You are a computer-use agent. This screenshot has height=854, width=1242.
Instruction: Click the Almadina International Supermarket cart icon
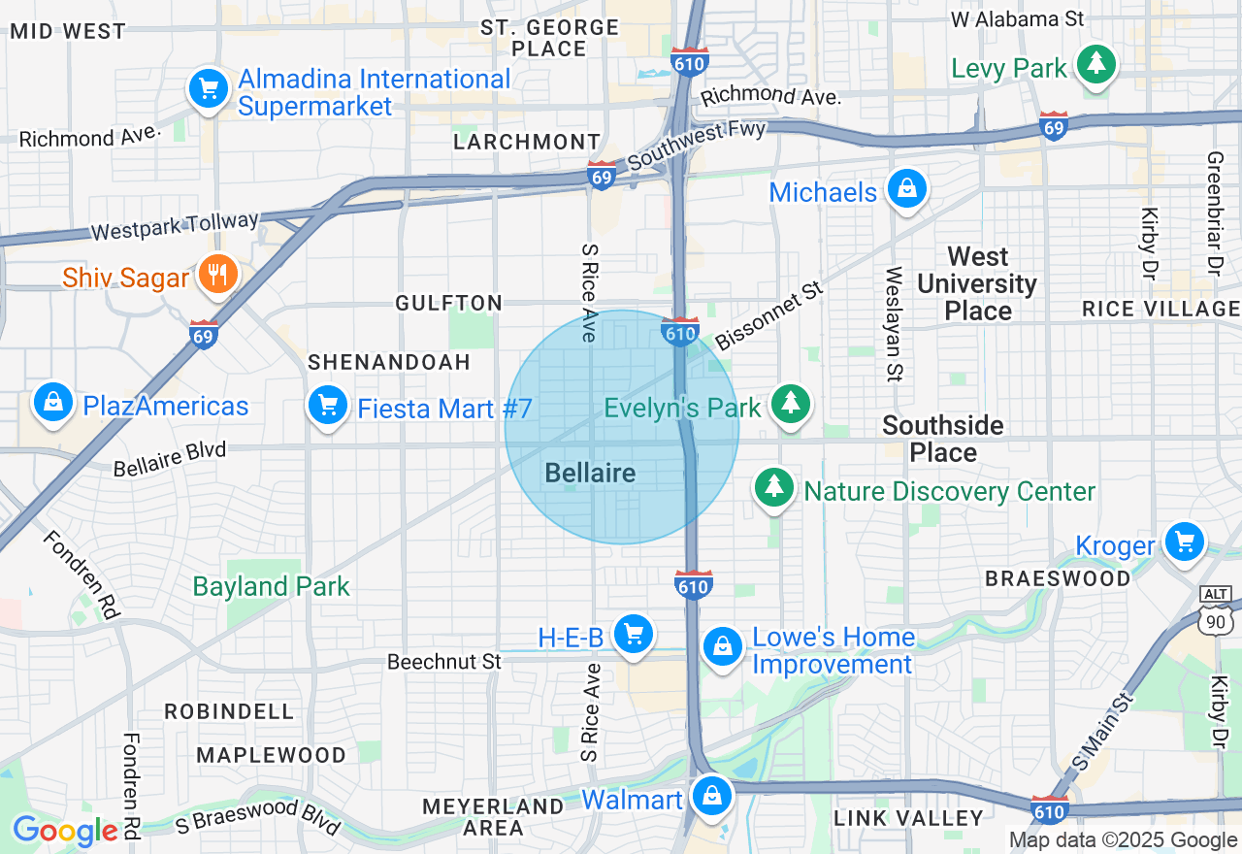coord(208,90)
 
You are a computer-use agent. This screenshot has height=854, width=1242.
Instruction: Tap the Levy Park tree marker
coord(1096,65)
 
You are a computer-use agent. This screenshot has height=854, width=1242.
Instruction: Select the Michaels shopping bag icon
coord(906,190)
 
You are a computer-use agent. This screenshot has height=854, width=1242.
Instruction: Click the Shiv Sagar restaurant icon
coord(217,276)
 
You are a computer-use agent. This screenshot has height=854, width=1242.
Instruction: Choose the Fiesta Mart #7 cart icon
coord(328,405)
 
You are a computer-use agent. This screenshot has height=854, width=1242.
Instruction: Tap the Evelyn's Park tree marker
coord(791,405)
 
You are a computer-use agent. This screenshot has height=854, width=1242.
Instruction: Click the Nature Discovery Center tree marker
coord(773,487)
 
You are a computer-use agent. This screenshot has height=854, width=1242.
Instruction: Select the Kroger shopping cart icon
coord(1184,542)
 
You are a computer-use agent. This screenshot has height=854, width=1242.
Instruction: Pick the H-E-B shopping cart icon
coord(634,636)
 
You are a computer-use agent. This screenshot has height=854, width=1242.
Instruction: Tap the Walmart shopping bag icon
coord(712,797)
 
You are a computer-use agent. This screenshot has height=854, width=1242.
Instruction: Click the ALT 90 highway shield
coord(1216,608)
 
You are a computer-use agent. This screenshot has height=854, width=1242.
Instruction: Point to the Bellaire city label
coord(590,474)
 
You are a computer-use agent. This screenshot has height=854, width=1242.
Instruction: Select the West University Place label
coord(977,283)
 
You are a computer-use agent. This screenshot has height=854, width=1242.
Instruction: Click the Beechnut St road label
coord(443,662)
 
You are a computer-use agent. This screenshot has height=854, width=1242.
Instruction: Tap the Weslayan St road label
coord(894,323)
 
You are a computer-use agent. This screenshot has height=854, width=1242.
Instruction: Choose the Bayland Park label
coord(271,586)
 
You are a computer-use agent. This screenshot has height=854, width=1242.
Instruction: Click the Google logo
coord(65,831)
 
